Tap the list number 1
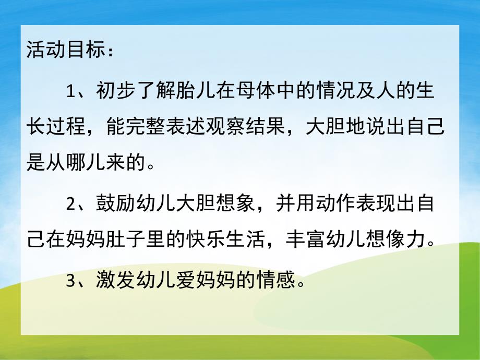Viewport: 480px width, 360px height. pyautogui.click(x=71, y=92)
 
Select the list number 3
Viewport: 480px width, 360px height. pyautogui.click(x=71, y=282)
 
